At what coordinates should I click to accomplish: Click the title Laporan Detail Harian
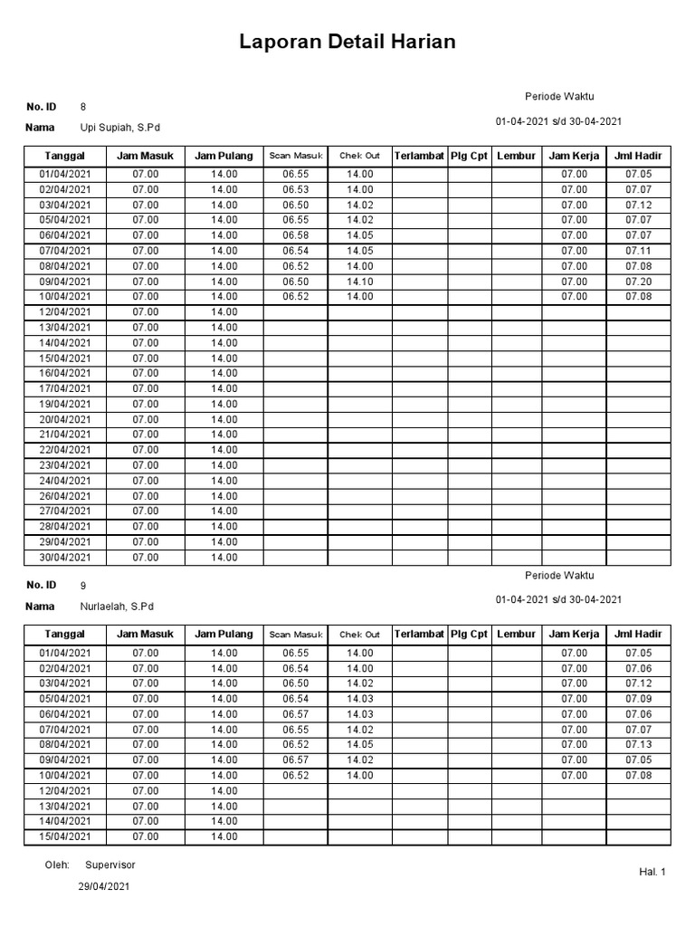pos(347,43)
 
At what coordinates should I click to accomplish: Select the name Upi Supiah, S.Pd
pos(120,129)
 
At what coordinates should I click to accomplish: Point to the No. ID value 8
pos(83,107)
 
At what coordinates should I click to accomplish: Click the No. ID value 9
pos(83,585)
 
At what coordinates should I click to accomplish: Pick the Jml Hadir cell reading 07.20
pos(638,281)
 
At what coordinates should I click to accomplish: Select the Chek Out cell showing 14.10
pos(359,281)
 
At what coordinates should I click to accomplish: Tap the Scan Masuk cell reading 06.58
pos(296,235)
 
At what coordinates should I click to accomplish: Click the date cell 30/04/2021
pos(65,558)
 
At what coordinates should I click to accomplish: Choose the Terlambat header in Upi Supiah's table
pos(419,156)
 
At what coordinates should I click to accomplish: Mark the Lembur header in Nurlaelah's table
pos(517,634)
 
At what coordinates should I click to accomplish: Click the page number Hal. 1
pos(652,872)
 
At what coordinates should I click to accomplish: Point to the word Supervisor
pos(110,865)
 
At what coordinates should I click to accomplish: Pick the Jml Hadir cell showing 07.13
pos(638,744)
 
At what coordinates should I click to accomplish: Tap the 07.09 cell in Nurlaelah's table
pos(638,698)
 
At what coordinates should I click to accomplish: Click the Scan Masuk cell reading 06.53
pos(296,189)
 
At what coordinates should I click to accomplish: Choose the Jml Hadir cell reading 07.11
pos(638,251)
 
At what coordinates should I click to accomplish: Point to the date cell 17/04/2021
pos(65,388)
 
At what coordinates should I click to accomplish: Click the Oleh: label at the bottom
pos(57,865)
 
